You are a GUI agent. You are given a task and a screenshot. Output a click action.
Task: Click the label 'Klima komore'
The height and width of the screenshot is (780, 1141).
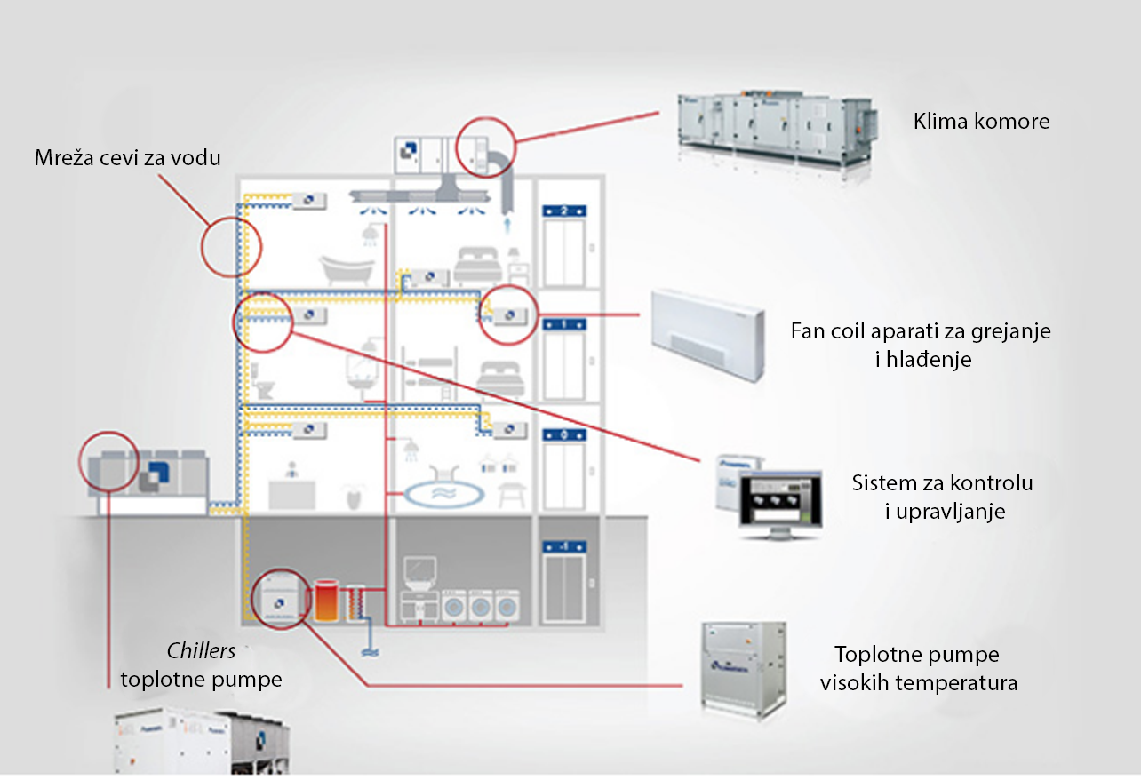point(981,122)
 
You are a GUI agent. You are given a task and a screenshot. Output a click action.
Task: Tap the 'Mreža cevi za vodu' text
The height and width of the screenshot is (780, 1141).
point(128,158)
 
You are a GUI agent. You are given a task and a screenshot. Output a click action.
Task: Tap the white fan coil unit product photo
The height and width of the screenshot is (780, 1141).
point(707,334)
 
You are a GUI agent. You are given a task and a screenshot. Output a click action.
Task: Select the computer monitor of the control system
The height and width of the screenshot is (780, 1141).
point(780,503)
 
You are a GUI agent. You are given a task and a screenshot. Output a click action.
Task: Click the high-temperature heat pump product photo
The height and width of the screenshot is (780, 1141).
point(744,668)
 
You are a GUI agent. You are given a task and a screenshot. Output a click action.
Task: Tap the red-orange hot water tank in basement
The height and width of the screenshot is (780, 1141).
point(327,601)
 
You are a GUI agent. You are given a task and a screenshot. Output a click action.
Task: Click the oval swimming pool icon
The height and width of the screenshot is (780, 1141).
point(444,492)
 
